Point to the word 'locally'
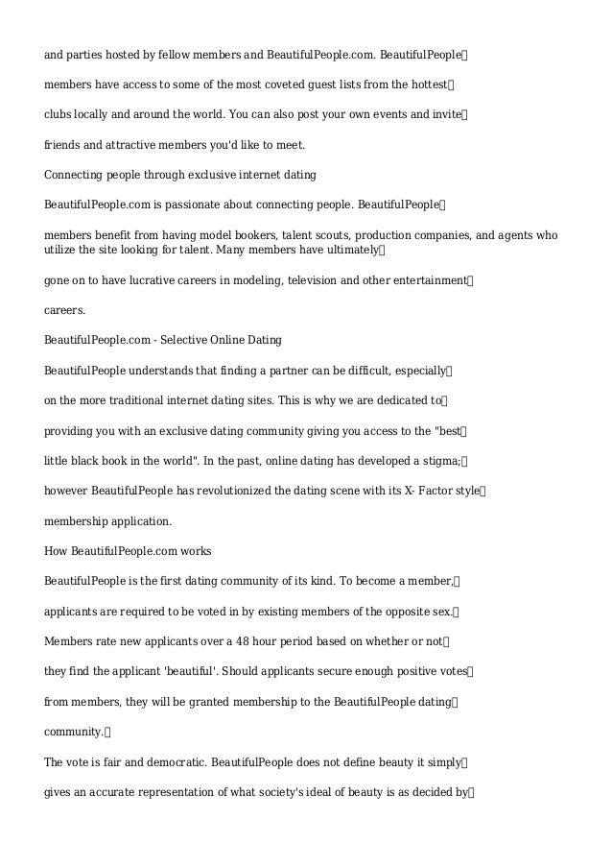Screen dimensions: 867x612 coord(93,114)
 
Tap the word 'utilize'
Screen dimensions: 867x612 coord(61,250)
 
